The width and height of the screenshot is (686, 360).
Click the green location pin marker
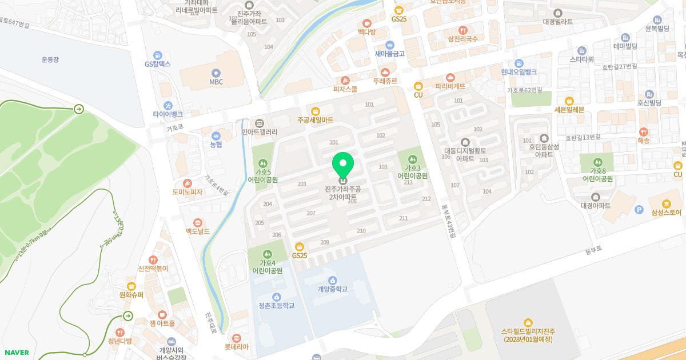[x=343, y=166]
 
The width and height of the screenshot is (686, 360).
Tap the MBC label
[x=216, y=82]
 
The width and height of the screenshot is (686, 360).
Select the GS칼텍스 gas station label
[x=158, y=64]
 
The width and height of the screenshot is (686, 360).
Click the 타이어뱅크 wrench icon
[x=167, y=105]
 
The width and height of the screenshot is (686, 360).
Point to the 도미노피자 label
[x=188, y=192]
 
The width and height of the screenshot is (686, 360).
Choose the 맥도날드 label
[x=197, y=231]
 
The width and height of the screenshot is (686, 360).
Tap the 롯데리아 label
[x=237, y=346]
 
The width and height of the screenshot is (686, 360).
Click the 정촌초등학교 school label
[x=276, y=306]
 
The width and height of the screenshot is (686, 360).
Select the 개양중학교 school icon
[x=333, y=280]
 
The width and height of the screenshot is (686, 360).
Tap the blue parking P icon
[x=639, y=210]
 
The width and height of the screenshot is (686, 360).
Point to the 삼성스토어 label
[x=666, y=213]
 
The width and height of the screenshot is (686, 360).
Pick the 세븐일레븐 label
[x=569, y=110]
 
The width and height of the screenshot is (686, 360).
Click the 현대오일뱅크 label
[x=519, y=71]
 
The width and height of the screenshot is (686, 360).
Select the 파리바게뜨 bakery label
[x=450, y=86]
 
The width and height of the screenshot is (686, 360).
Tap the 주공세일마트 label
[x=315, y=120]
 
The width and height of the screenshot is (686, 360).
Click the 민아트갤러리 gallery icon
[x=259, y=123]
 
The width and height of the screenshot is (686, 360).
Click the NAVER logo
[x=17, y=353]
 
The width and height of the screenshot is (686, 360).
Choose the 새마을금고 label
[x=390, y=54]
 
